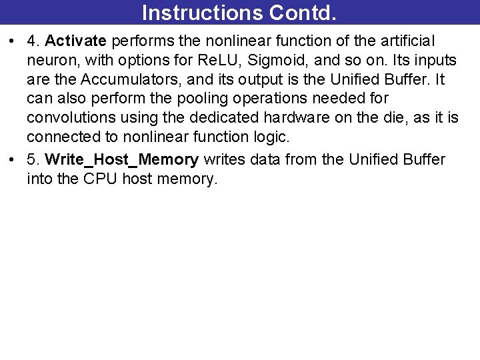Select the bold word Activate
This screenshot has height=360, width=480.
[x=75, y=41]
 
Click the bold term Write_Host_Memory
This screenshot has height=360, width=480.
[x=121, y=160]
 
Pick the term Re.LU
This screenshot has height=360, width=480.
[x=218, y=61]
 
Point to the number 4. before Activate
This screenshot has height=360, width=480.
[x=33, y=41]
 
